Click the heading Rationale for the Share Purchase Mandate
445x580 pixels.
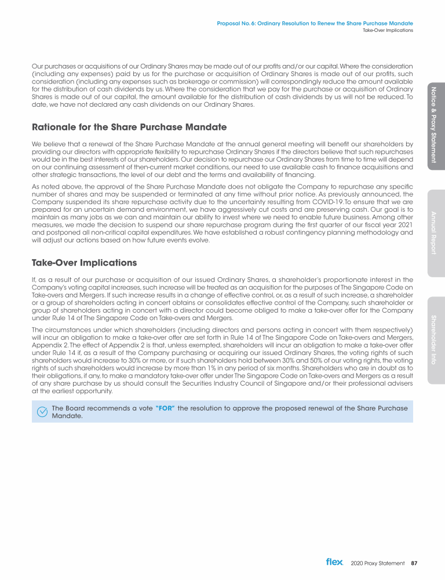(x=129, y=126)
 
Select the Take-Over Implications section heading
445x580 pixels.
(x=85, y=262)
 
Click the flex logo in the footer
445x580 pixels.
(x=334, y=561)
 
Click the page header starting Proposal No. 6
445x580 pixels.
(x=315, y=23)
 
